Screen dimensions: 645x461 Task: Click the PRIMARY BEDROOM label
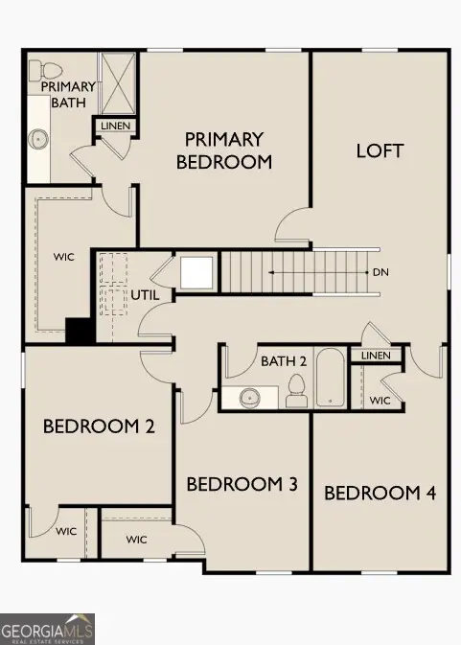pyautogui.click(x=224, y=150)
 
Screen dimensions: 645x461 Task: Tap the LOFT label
pyautogui.click(x=380, y=150)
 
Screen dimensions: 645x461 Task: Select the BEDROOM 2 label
pyautogui.click(x=99, y=426)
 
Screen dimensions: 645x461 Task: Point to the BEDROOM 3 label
pyautogui.click(x=242, y=484)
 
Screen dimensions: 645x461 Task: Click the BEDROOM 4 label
pyautogui.click(x=380, y=493)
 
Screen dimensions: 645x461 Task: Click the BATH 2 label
pyautogui.click(x=284, y=361)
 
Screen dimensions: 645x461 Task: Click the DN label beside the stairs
pyautogui.click(x=381, y=272)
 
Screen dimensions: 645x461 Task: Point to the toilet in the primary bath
pyautogui.click(x=36, y=71)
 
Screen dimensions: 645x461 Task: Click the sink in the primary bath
pyautogui.click(x=39, y=138)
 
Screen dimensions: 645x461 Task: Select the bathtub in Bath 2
pyautogui.click(x=330, y=379)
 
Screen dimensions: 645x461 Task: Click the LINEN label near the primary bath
pyautogui.click(x=113, y=126)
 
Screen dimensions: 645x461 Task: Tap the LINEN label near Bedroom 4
pyautogui.click(x=376, y=356)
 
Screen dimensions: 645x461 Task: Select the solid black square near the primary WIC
pyautogui.click(x=78, y=330)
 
